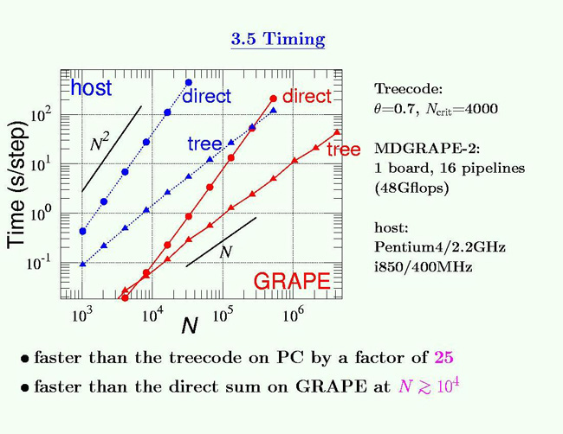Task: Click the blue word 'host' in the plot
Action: (x=91, y=88)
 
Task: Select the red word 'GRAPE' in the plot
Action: (x=291, y=282)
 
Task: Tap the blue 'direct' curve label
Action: (x=206, y=97)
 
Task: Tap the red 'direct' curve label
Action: (x=307, y=97)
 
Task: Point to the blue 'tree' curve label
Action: (x=205, y=144)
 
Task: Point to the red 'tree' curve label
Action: (x=344, y=150)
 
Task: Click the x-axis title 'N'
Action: (x=189, y=326)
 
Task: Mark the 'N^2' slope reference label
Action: (x=100, y=144)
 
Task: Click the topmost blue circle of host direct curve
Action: (x=188, y=83)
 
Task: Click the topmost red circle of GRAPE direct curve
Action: (x=273, y=98)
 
